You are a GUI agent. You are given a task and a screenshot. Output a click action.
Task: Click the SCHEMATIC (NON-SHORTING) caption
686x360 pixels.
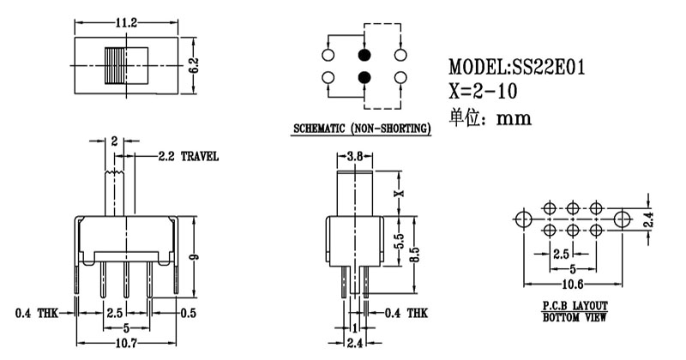361,129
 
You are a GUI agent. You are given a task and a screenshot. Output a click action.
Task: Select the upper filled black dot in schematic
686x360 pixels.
364,56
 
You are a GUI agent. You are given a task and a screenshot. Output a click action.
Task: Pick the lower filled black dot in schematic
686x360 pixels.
364,79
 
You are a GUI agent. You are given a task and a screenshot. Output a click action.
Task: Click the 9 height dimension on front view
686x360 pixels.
196,257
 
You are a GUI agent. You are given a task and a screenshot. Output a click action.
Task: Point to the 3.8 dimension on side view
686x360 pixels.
353,157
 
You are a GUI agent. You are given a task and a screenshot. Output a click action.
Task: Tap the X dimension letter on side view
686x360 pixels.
397,193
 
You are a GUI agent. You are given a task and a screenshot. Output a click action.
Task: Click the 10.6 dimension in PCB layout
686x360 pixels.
572,285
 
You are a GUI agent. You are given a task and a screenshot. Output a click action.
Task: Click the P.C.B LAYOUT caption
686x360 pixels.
574,305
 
